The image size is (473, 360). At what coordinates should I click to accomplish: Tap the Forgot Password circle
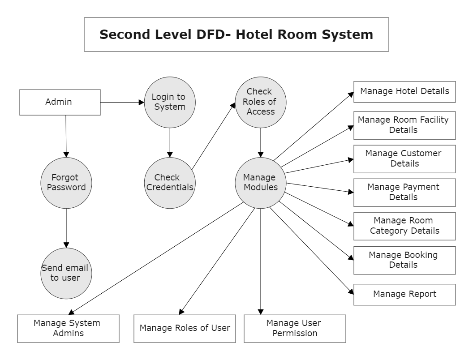pyautogui.click(x=66, y=183)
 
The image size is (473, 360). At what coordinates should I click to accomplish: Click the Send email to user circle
pyautogui.click(x=66, y=273)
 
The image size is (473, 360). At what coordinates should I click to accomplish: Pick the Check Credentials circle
pyautogui.click(x=170, y=183)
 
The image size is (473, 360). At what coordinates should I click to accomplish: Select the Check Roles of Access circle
pyautogui.click(x=261, y=102)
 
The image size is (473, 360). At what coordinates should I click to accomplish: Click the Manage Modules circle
pyautogui.click(x=261, y=183)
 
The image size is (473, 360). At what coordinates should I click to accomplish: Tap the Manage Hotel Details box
pyautogui.click(x=404, y=92)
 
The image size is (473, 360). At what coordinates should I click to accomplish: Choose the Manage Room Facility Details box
pyautogui.click(x=404, y=125)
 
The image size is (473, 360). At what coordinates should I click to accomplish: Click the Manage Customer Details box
pyautogui.click(x=404, y=159)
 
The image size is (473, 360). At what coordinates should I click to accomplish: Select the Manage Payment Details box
pyautogui.click(x=404, y=192)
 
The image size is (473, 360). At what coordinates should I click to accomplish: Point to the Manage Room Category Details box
pyautogui.click(x=404, y=226)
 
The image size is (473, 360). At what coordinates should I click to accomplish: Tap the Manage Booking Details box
pyautogui.click(x=404, y=260)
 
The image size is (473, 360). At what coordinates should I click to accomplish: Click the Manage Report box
pyautogui.click(x=404, y=294)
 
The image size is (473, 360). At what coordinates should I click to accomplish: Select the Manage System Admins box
pyautogui.click(x=68, y=328)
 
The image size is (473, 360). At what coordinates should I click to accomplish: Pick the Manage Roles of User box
pyautogui.click(x=185, y=328)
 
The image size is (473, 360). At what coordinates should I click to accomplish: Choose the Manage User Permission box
pyautogui.click(x=295, y=328)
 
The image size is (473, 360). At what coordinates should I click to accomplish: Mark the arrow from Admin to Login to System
pyautogui.click(x=122, y=102)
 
